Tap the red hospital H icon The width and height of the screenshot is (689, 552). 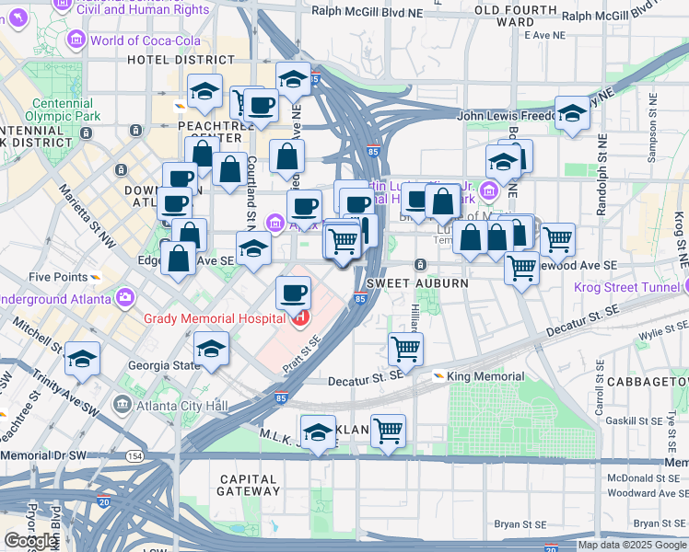click(299, 318)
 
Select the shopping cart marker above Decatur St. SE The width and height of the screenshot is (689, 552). click(405, 349)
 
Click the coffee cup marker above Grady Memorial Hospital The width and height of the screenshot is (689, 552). click(293, 293)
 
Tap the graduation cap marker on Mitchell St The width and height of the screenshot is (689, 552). click(83, 359)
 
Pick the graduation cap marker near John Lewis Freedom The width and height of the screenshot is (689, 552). click(572, 113)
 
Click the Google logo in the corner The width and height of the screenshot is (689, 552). click(30, 541)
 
